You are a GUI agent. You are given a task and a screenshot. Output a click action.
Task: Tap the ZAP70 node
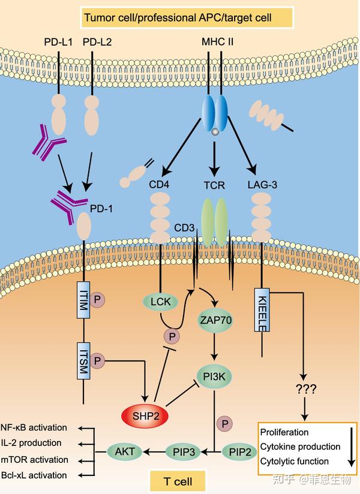pyautogui.click(x=215, y=321)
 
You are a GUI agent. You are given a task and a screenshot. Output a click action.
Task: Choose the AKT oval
pyautogui.click(x=125, y=450)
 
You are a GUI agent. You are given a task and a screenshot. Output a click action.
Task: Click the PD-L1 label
pyautogui.click(x=59, y=43)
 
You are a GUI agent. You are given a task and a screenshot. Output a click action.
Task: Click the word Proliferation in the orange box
pyautogui.click(x=285, y=432)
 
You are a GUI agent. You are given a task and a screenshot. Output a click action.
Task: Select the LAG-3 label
pyautogui.click(x=262, y=185)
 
